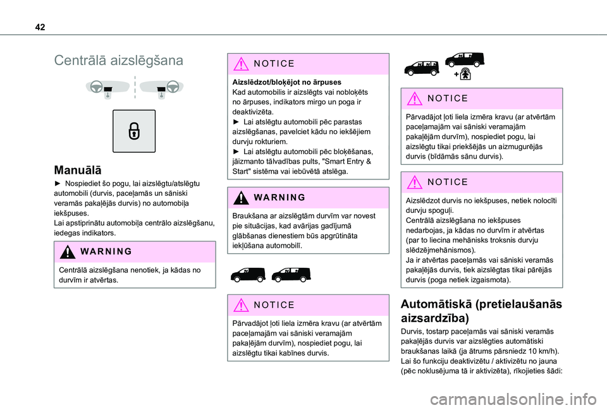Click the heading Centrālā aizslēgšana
pos(119,61)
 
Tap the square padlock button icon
pos(134,131)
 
